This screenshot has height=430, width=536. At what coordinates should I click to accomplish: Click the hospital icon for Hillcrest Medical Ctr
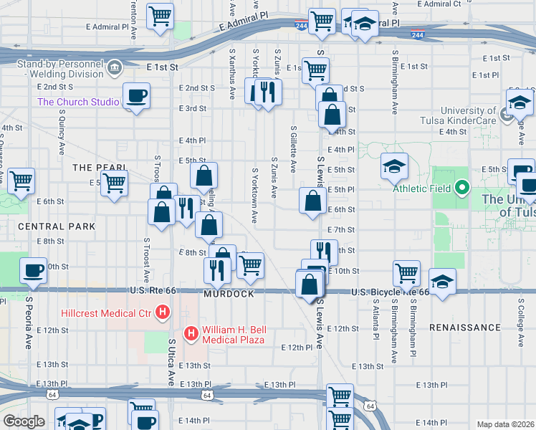[163, 312]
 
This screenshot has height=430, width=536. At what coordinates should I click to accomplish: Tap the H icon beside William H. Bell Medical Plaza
[191, 333]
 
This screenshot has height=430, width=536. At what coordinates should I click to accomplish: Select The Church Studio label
[78, 102]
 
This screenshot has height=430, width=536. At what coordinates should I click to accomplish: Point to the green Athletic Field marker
[462, 189]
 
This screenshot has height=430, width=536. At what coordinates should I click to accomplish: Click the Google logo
[24, 421]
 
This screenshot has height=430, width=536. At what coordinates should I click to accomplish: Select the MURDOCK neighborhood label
[229, 295]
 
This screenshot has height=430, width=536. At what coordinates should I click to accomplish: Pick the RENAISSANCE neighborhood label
[465, 328]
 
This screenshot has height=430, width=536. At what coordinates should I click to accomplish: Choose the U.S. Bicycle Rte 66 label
[389, 292]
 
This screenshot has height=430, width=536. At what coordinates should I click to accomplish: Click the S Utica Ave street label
[171, 361]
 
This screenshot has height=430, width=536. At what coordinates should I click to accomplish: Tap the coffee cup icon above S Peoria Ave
[33, 270]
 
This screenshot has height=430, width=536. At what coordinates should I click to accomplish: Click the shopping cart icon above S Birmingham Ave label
[406, 273]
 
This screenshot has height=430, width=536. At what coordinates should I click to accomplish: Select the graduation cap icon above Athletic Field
[394, 167]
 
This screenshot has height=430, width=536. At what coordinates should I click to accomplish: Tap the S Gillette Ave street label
[294, 150]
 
